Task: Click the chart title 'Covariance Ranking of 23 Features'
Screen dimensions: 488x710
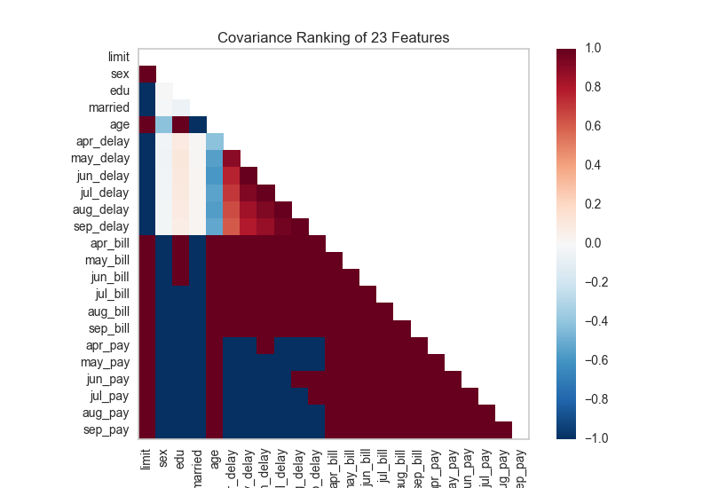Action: tap(334, 38)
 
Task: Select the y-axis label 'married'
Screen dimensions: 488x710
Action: tap(108, 106)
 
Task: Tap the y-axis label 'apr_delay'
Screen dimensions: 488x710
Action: tap(105, 140)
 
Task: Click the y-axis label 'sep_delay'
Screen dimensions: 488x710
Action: tap(104, 225)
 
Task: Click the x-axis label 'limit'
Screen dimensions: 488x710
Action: tap(146, 458)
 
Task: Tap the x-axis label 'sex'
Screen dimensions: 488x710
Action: tap(163, 456)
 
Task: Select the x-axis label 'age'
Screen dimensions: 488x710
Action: tap(215, 456)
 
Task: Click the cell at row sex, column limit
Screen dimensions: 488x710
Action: tap(147, 74)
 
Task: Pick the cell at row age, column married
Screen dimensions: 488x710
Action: tap(198, 124)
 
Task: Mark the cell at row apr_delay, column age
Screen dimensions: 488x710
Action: tap(215, 141)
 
